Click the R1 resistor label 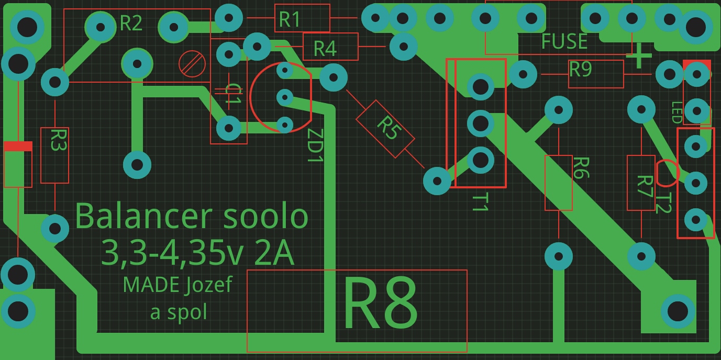(290, 19)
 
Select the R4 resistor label (325, 49)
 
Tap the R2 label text (131, 23)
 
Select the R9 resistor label (581, 69)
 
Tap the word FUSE (564, 41)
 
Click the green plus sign (639, 57)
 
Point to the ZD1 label (315, 145)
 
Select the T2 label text (663, 203)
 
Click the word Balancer (143, 216)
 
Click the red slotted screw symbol (192, 64)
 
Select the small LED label (676, 113)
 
